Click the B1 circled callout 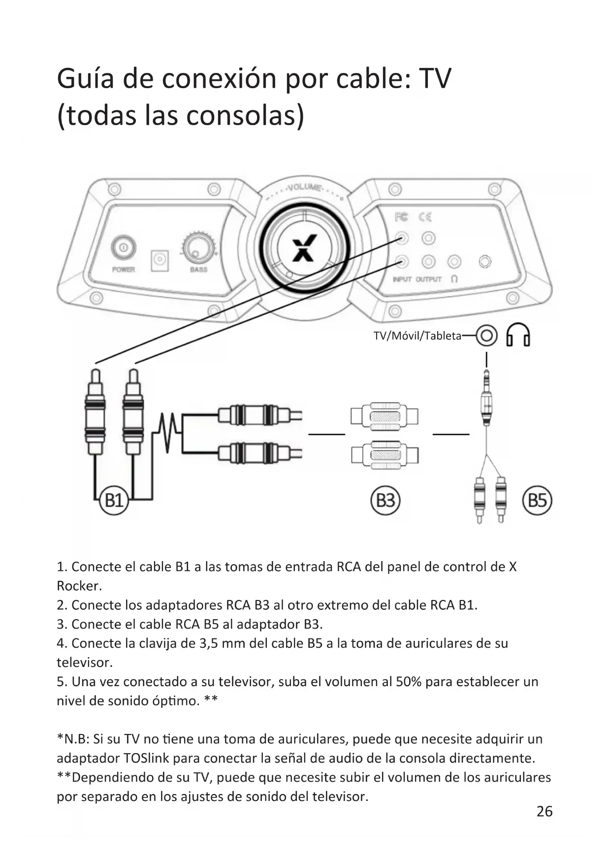114,500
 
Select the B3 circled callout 386,500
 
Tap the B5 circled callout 537,500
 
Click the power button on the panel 123,247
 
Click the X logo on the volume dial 304,248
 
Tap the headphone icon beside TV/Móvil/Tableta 518,335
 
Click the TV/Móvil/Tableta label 418,336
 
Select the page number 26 545,811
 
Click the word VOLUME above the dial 305,188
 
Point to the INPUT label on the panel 402,279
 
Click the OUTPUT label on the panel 428,279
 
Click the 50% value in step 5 408,682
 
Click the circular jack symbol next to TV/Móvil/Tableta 486,336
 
